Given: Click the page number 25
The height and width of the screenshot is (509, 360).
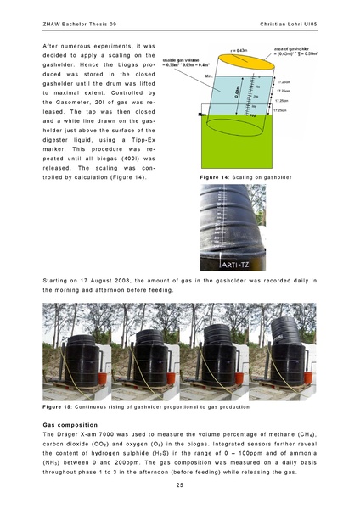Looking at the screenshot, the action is [180, 484].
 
